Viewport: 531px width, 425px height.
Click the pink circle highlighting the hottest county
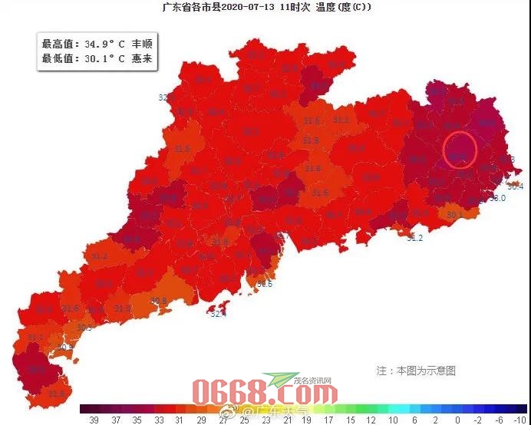pos(461,150)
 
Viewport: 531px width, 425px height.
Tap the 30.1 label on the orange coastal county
pos(455,215)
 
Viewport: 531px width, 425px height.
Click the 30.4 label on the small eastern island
pos(516,186)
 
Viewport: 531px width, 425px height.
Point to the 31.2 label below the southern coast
pos(414,239)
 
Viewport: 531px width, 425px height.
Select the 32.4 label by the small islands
pos(219,313)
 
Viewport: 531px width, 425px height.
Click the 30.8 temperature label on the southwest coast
pos(159,301)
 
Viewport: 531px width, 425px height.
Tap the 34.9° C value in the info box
pos(104,44)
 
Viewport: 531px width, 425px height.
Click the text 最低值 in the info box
pos(58,58)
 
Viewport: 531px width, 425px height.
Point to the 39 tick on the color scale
pos(94,420)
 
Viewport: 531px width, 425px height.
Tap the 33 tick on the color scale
pos(158,420)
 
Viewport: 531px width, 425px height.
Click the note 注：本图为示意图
pos(416,371)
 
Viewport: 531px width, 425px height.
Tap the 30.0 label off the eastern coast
pos(498,198)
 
